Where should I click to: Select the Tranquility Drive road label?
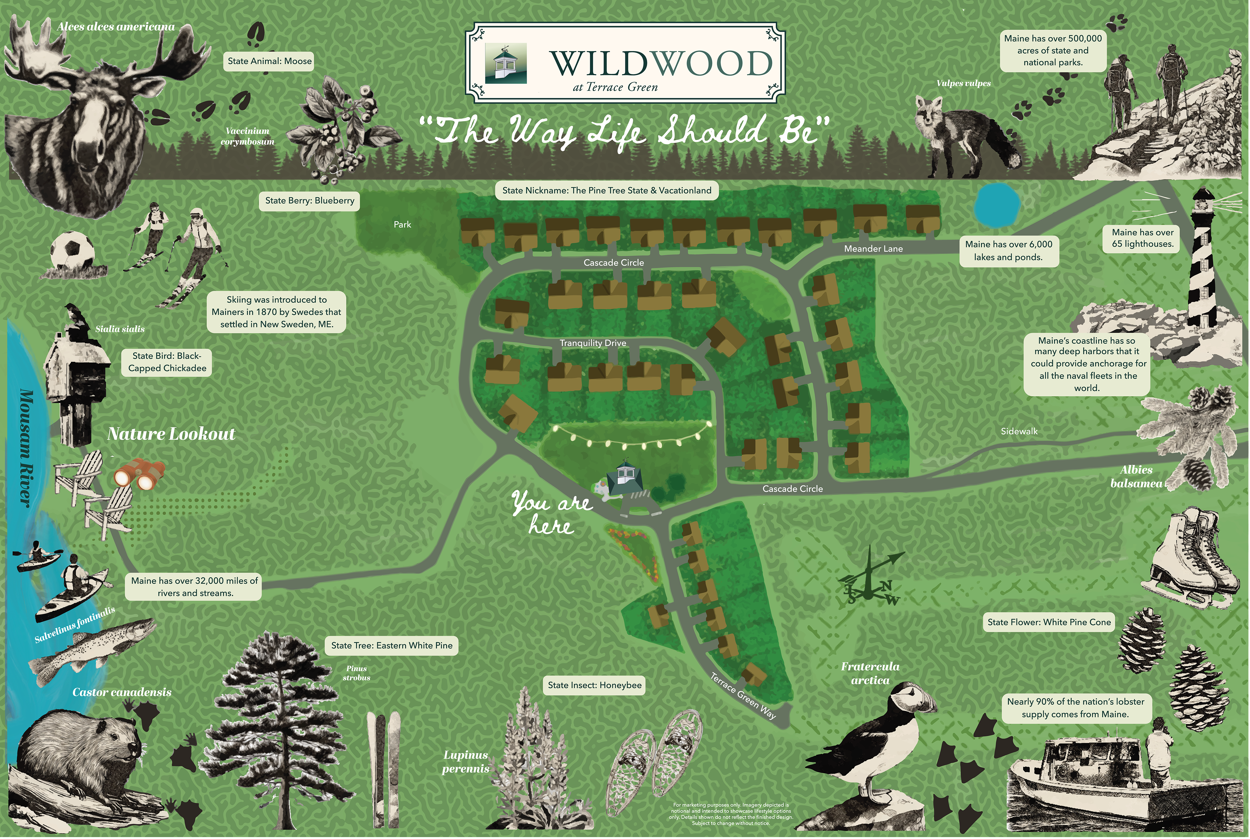[593, 343]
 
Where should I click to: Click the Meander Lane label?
[873, 249]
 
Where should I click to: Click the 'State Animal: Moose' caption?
[270, 61]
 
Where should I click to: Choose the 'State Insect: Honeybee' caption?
[594, 685]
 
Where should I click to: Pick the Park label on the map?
[402, 225]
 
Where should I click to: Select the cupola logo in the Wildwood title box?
[506, 63]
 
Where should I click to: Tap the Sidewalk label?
[1019, 431]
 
